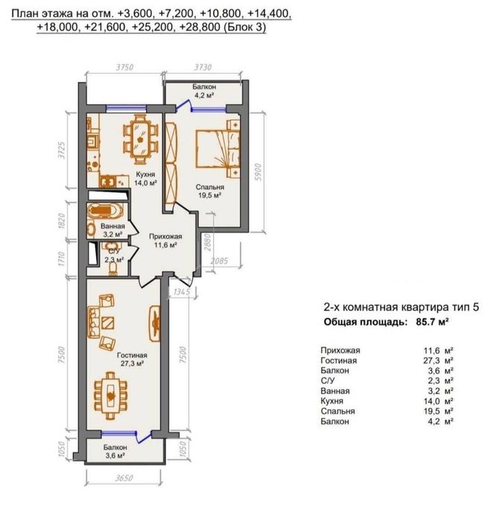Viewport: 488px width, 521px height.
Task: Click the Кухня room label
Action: (145, 174)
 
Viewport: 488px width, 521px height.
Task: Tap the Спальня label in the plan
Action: (209, 187)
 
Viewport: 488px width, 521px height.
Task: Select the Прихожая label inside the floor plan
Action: (165, 237)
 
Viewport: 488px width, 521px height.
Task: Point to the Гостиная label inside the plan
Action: (132, 355)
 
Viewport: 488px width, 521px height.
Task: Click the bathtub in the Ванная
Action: (105, 211)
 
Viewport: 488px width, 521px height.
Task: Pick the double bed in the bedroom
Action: (218, 148)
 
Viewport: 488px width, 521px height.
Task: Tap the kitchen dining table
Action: (140, 139)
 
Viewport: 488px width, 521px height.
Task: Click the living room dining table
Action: (110, 396)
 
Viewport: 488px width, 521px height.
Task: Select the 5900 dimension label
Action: (259, 173)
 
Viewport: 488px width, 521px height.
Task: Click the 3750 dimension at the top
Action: (124, 68)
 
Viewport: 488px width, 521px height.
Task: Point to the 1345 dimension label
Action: (182, 292)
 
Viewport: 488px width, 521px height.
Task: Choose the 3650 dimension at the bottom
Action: (124, 479)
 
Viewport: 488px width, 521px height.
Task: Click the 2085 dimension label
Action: (219, 260)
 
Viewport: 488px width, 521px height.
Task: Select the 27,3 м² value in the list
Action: (438, 360)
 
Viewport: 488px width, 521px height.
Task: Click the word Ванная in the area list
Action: (335, 391)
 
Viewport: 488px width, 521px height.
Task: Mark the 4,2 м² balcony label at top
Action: (204, 95)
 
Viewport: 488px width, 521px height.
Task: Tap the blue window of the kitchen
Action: (126, 108)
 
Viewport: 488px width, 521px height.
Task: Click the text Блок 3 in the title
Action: (244, 28)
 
